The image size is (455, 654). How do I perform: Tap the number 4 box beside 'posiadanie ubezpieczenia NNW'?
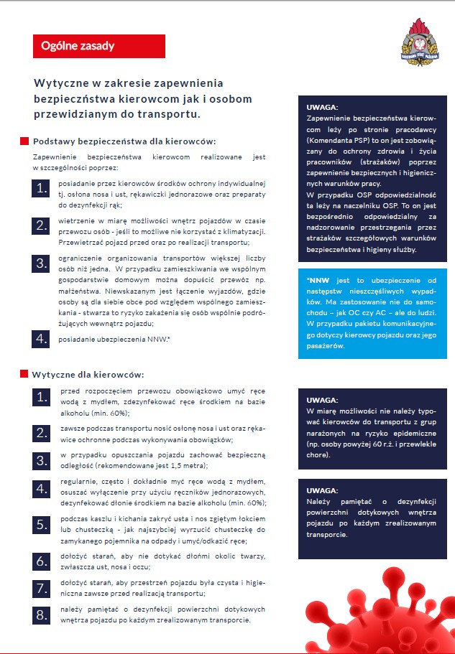[41, 339]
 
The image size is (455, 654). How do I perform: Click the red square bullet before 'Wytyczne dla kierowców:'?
[24, 374]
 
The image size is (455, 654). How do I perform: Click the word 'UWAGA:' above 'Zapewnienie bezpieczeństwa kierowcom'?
[322, 108]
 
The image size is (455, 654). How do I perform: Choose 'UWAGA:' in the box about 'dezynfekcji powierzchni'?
[322, 491]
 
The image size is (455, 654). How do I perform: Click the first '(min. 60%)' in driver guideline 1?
[110, 414]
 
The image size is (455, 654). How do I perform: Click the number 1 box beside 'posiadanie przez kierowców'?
[41, 189]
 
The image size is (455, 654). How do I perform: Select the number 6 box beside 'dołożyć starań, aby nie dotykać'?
[41, 561]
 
